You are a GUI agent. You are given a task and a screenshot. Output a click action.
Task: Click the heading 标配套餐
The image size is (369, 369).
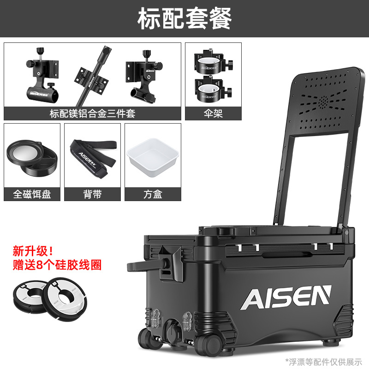click(184, 18)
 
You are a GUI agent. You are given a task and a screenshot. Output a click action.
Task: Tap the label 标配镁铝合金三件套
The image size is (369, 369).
click(92, 113)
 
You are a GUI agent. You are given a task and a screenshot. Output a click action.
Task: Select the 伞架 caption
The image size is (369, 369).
click(213, 113)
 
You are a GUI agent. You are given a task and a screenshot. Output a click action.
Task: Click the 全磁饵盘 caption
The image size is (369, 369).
click(32, 194)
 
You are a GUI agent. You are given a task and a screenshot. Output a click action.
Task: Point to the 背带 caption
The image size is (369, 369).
click(92, 194)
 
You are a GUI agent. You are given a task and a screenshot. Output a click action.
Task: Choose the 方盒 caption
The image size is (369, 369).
click(153, 194)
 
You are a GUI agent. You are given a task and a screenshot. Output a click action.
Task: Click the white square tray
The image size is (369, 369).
click(153, 157)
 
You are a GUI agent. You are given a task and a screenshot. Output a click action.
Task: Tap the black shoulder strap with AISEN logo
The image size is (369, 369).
click(94, 158)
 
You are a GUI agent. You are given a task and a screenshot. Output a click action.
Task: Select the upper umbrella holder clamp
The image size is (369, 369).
click(213, 62)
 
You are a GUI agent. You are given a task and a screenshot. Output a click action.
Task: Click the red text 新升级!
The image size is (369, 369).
click(32, 251)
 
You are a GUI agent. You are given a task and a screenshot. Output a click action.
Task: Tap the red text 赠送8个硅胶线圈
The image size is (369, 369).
click(57, 265)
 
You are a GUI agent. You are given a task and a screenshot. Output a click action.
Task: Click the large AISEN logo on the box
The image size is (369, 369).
click(286, 297)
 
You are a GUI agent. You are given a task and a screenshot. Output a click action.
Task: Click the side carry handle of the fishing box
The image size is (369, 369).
click(146, 267)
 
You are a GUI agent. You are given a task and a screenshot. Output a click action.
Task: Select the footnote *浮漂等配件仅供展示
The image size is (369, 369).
click(324, 362)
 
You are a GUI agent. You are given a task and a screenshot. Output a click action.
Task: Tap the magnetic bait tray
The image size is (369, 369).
click(32, 158)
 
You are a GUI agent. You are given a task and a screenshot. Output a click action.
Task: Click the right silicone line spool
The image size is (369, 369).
click(65, 299)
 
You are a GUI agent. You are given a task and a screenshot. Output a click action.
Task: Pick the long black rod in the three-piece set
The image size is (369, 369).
click(94, 76)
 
